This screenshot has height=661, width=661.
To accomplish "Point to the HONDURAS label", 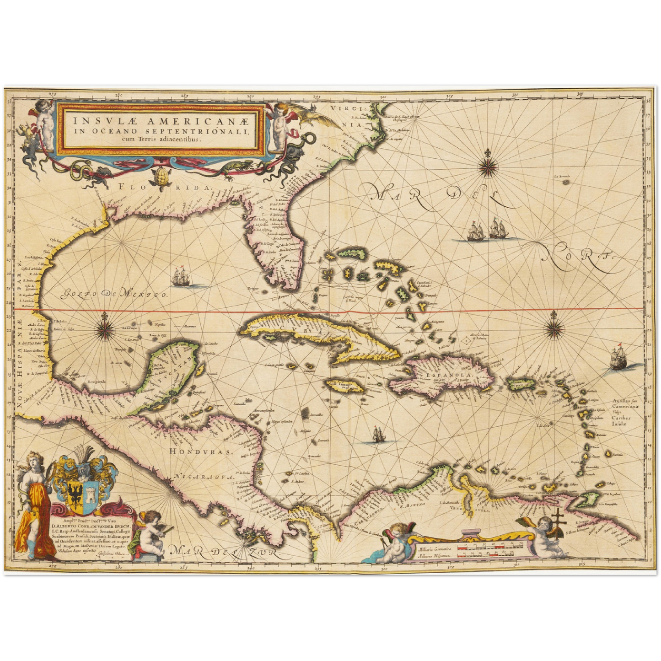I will click(x=201, y=451).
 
